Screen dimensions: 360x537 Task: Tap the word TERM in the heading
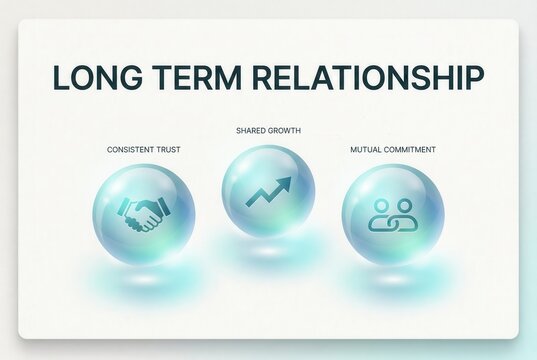point(197,78)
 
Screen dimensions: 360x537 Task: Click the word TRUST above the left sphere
point(168,150)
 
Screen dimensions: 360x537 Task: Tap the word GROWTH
point(285,131)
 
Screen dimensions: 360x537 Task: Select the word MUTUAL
point(366,150)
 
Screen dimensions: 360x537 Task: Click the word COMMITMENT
point(411,150)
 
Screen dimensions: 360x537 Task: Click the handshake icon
point(143,213)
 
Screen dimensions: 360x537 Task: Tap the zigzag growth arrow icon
point(267,191)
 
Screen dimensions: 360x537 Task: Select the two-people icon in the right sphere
point(392,213)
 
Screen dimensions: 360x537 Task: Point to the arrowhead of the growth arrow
point(286,181)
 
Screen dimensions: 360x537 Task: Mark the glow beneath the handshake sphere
point(143,273)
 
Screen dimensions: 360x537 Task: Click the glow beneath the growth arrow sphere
point(268,251)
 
